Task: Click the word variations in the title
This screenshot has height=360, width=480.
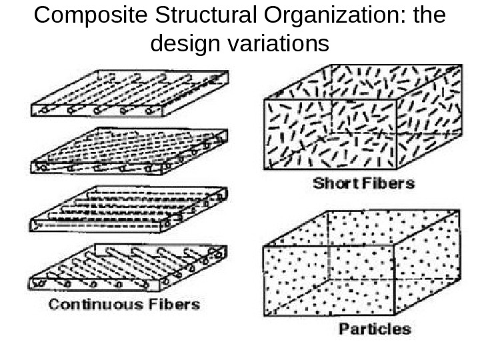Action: [279, 45]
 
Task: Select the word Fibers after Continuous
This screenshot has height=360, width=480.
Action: [173, 305]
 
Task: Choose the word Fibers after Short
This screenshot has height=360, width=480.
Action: [389, 183]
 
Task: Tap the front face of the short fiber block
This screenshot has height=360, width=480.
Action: [330, 133]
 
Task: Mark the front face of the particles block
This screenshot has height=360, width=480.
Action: [330, 280]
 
